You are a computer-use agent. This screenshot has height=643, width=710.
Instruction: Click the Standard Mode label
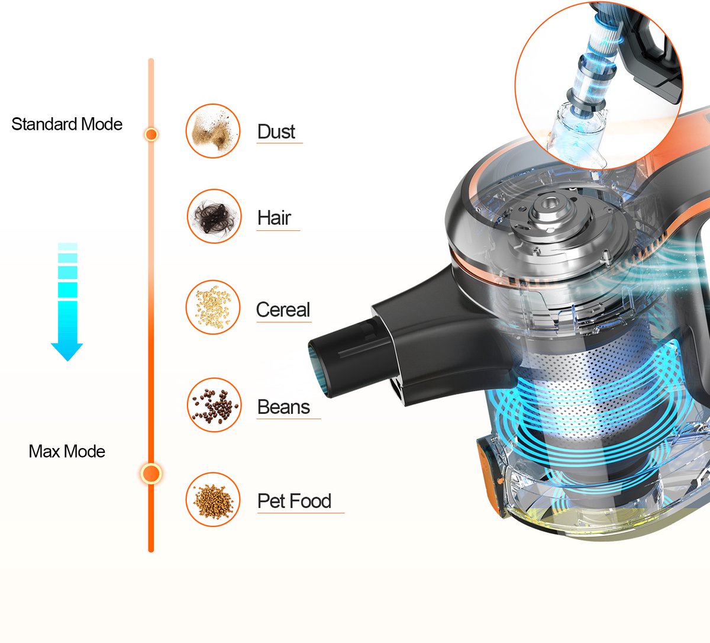[67, 124]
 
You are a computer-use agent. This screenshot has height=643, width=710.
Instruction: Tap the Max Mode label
[67, 451]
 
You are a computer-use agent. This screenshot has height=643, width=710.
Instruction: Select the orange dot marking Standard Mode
[151, 134]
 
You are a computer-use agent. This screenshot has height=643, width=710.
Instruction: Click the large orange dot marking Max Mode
[151, 473]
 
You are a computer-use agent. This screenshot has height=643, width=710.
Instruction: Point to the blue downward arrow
[67, 302]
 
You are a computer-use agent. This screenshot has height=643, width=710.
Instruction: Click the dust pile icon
[213, 131]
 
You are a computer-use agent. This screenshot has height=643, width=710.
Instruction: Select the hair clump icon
[214, 216]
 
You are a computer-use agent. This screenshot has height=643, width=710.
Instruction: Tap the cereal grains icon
[213, 307]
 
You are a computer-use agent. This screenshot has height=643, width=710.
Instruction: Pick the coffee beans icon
[214, 405]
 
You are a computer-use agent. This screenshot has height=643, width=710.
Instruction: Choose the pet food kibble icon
[213, 500]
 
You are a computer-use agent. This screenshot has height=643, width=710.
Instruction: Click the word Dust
[276, 132]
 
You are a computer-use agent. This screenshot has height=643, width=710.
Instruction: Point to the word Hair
[275, 217]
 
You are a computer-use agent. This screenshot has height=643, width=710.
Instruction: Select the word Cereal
[283, 310]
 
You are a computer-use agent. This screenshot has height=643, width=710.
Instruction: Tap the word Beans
[283, 407]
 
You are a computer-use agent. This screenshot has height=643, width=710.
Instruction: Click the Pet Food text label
[294, 501]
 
